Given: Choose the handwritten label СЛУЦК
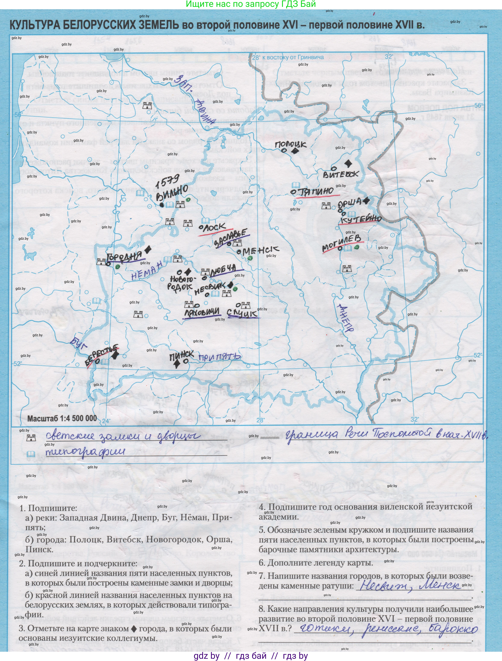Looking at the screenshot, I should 242,313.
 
